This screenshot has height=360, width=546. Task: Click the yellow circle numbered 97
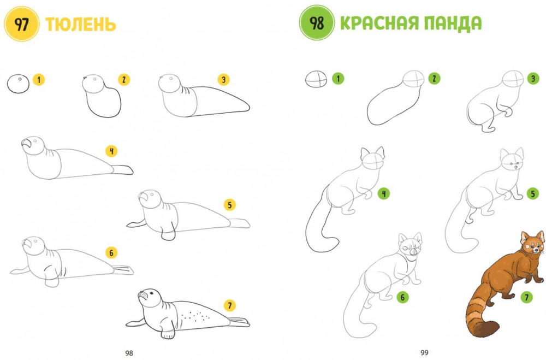(x=22, y=24)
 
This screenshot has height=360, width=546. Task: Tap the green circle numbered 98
(x=317, y=23)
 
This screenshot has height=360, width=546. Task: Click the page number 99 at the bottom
(x=424, y=353)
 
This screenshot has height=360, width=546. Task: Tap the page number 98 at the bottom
(x=129, y=353)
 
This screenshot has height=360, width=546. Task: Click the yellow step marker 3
(x=223, y=80)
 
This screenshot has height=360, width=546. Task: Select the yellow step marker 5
(x=229, y=205)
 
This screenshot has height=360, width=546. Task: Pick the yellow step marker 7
(x=229, y=305)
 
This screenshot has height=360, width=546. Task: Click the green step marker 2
(x=434, y=79)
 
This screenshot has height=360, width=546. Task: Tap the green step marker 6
(x=402, y=297)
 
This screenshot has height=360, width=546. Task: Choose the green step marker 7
(x=526, y=297)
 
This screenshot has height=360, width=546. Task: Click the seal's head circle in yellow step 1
(x=19, y=84)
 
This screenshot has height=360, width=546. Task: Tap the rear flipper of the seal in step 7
(x=239, y=322)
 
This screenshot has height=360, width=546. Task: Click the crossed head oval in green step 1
(x=316, y=79)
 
